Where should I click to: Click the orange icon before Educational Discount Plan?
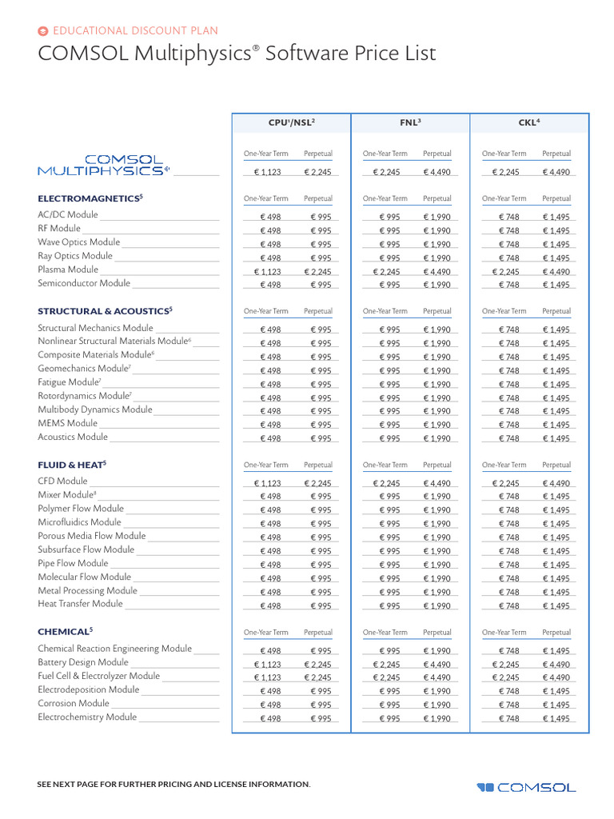(43, 31)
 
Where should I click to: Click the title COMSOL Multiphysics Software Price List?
(237, 54)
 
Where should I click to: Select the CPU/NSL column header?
(291, 122)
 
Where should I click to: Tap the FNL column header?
(410, 122)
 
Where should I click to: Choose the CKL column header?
(529, 122)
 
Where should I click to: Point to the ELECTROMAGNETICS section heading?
(90, 198)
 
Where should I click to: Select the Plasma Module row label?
(68, 270)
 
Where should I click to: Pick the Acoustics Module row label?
(73, 437)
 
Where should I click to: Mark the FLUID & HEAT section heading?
(72, 464)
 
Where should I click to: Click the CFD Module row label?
(62, 481)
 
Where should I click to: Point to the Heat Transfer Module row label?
(80, 604)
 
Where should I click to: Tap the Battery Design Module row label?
(83, 662)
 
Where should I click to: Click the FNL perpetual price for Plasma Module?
(437, 271)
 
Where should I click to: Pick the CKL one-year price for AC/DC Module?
(509, 217)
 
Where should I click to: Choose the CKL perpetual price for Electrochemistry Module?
(556, 719)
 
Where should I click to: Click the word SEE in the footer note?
(46, 784)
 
